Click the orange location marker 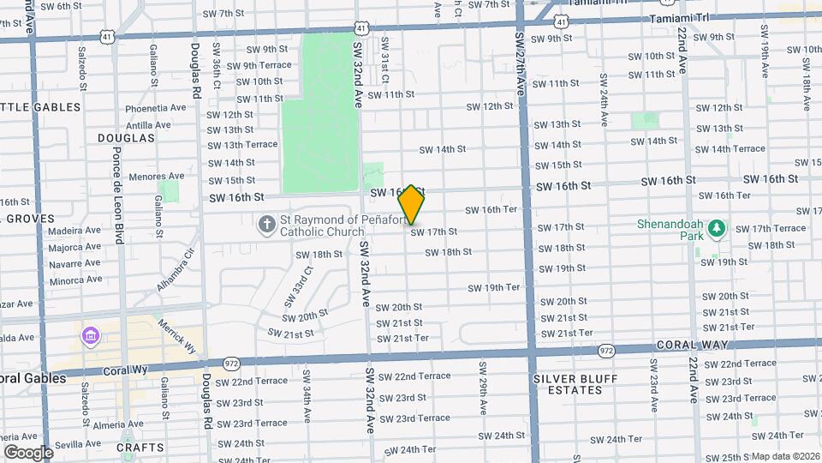[x=412, y=205]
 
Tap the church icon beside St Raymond [x=267, y=225]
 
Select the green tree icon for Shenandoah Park [x=718, y=230]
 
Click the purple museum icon [x=91, y=335]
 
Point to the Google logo [x=28, y=452]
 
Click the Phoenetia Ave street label [x=155, y=109]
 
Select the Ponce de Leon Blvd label [x=119, y=207]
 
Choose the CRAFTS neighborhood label [x=140, y=448]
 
